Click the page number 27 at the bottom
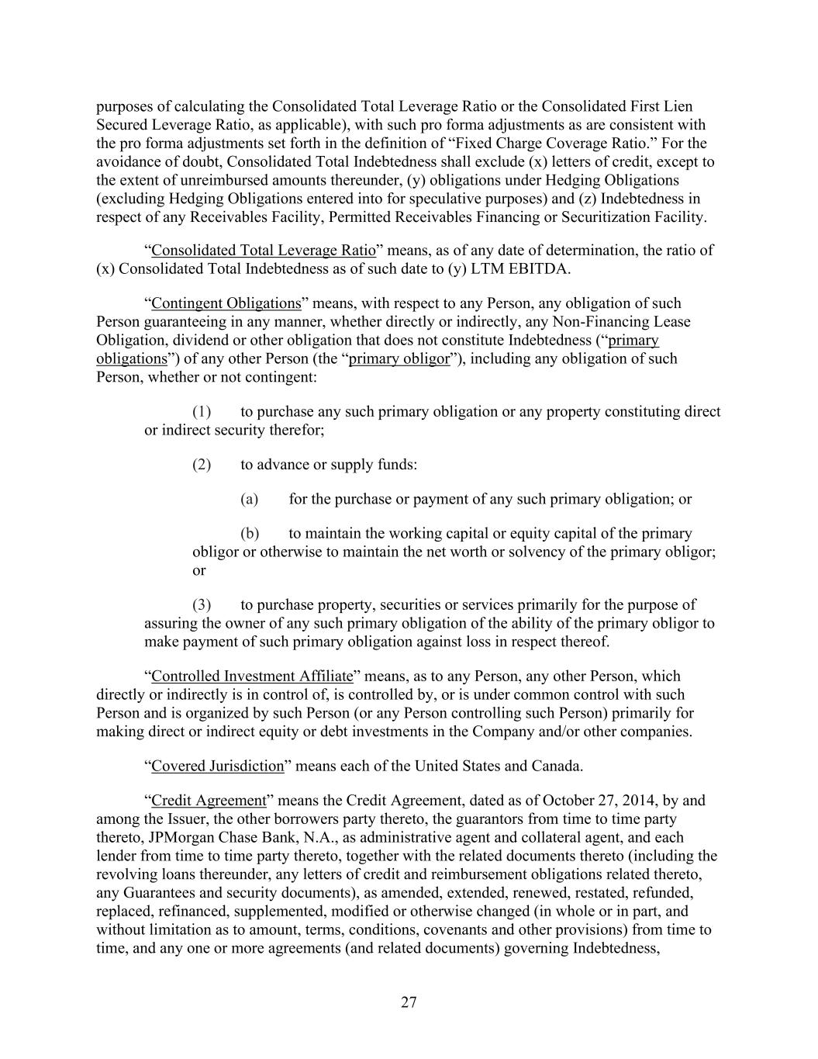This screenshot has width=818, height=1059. coord(409,1002)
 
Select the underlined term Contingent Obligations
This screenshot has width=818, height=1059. coord(226,303)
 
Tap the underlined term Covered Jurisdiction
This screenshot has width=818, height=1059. coord(218,767)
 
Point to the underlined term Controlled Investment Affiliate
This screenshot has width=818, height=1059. coord(252,677)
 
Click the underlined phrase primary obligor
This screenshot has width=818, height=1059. coord(399,359)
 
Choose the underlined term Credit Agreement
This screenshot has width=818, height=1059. coord(209,801)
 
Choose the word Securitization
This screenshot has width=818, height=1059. coord(613,217)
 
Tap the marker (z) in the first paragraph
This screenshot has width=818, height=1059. coord(602,199)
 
